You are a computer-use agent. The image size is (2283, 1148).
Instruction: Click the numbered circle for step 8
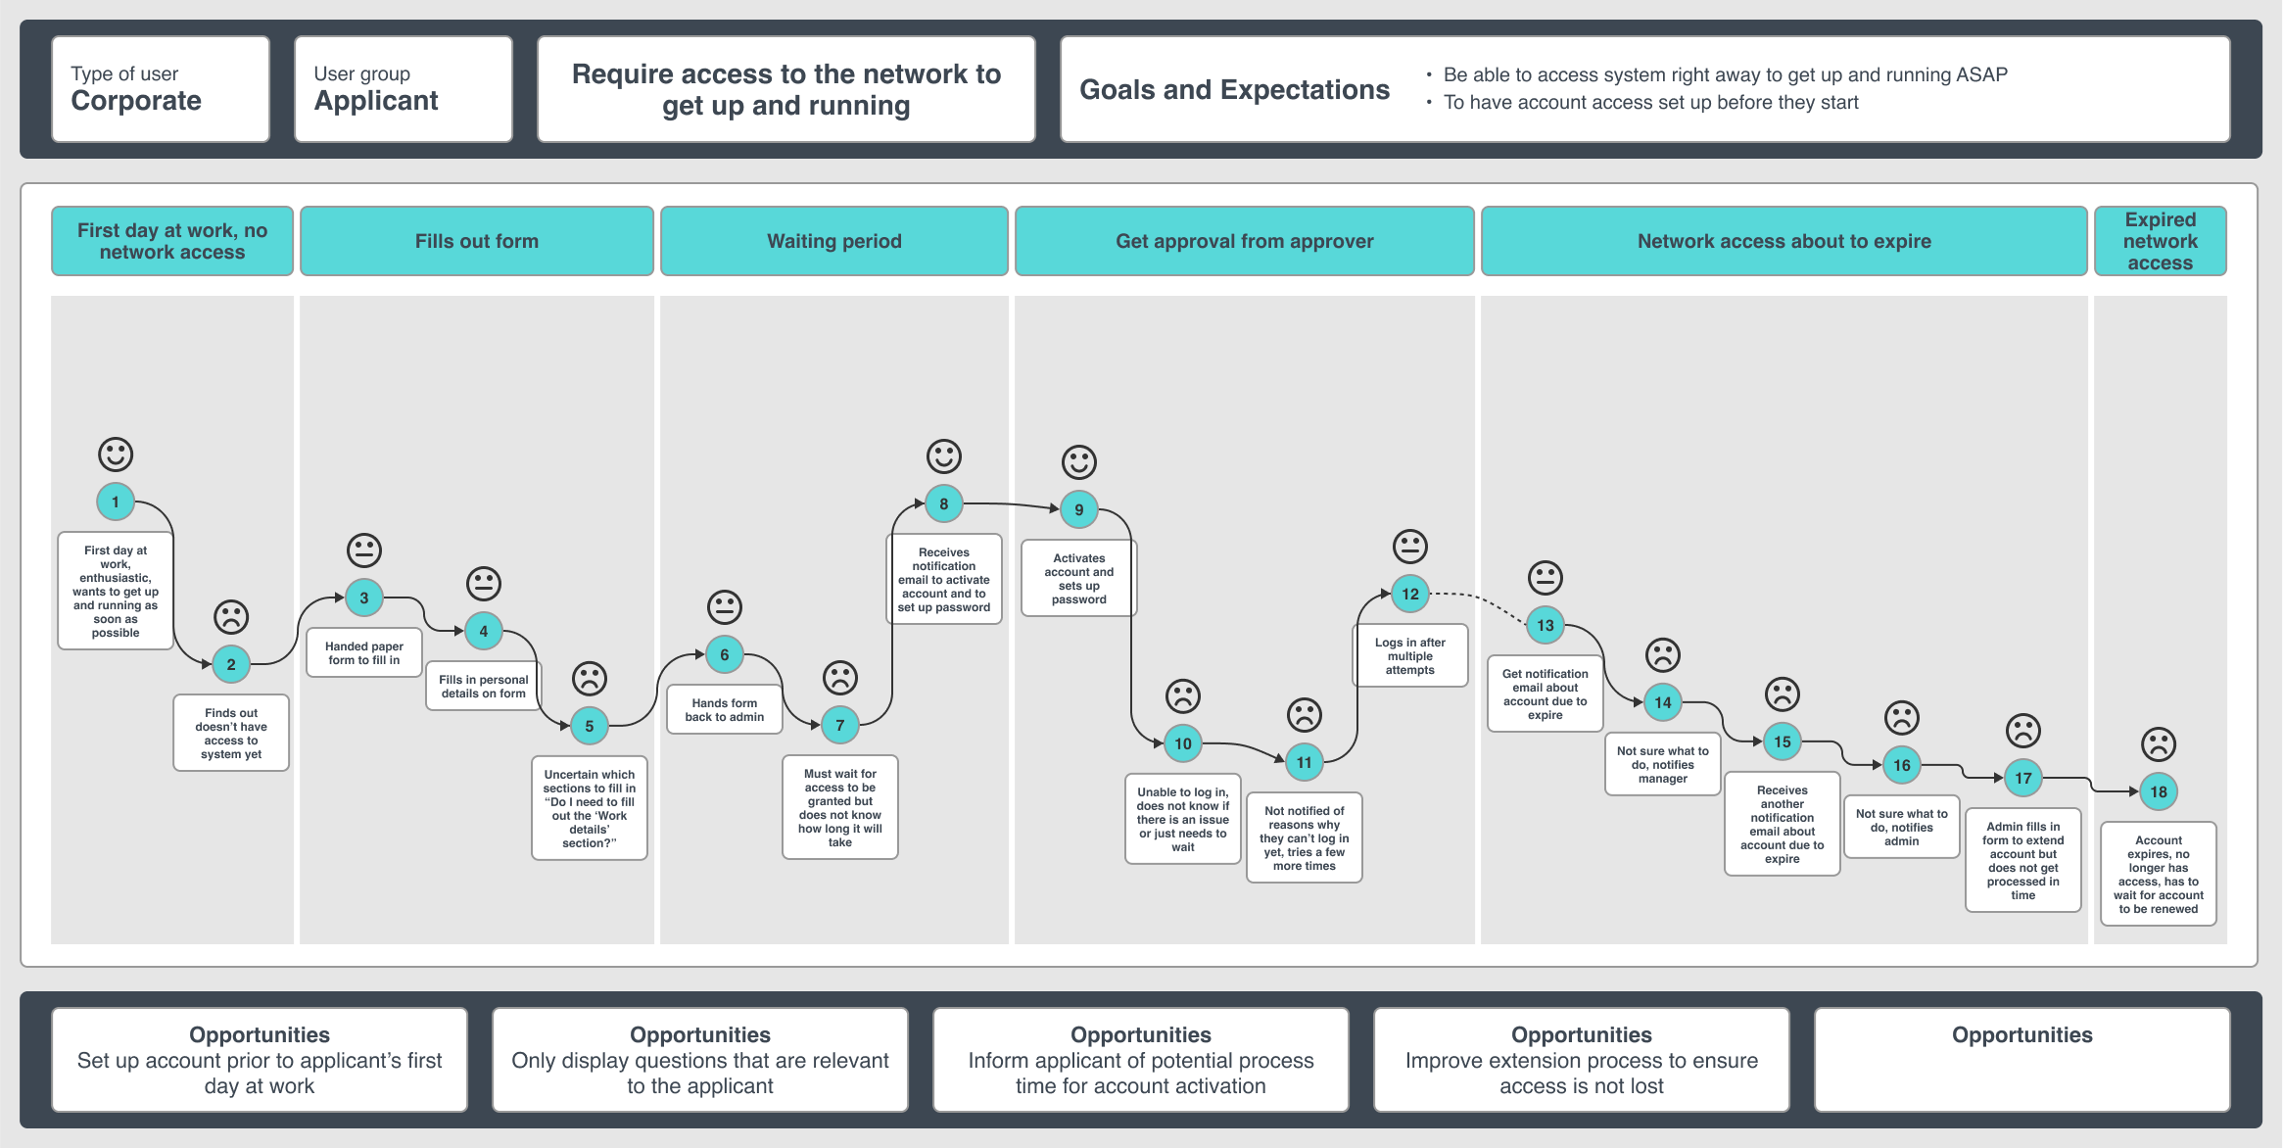pyautogui.click(x=943, y=503)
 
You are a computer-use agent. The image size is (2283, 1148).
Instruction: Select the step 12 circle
pyautogui.click(x=1409, y=594)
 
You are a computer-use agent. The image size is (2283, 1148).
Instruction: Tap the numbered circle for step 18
pyautogui.click(x=2158, y=791)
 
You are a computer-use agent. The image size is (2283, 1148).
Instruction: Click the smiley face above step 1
pyautogui.click(x=116, y=454)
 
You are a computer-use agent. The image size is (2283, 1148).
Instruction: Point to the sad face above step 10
pyautogui.click(x=1182, y=696)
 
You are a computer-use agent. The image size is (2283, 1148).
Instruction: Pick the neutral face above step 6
pyautogui.click(x=724, y=607)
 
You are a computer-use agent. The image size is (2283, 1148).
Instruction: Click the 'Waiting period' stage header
pyautogui.click(x=833, y=241)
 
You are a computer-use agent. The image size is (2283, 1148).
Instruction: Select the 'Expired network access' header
pyautogui.click(x=2160, y=241)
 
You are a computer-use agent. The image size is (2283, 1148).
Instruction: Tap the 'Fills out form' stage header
pyautogui.click(x=476, y=241)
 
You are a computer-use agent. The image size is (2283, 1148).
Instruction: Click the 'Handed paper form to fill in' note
pyautogui.click(x=363, y=653)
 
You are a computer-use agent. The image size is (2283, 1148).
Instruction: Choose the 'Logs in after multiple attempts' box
pyautogui.click(x=1409, y=656)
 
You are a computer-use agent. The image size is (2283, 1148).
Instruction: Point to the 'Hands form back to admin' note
pyautogui.click(x=724, y=710)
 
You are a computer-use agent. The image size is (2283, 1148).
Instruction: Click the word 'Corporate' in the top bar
pyautogui.click(x=136, y=101)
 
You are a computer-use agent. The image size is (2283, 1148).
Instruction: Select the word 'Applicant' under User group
pyautogui.click(x=376, y=101)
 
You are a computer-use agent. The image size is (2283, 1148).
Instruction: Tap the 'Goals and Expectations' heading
pyautogui.click(x=1234, y=90)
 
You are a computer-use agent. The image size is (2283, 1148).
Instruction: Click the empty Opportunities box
pyautogui.click(x=2021, y=1060)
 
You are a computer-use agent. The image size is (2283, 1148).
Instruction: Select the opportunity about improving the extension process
pyautogui.click(x=1581, y=1060)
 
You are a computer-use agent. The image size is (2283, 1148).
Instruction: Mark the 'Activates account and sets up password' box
pyautogui.click(x=1078, y=579)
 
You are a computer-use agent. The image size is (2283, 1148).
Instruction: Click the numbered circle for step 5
pyautogui.click(x=589, y=726)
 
